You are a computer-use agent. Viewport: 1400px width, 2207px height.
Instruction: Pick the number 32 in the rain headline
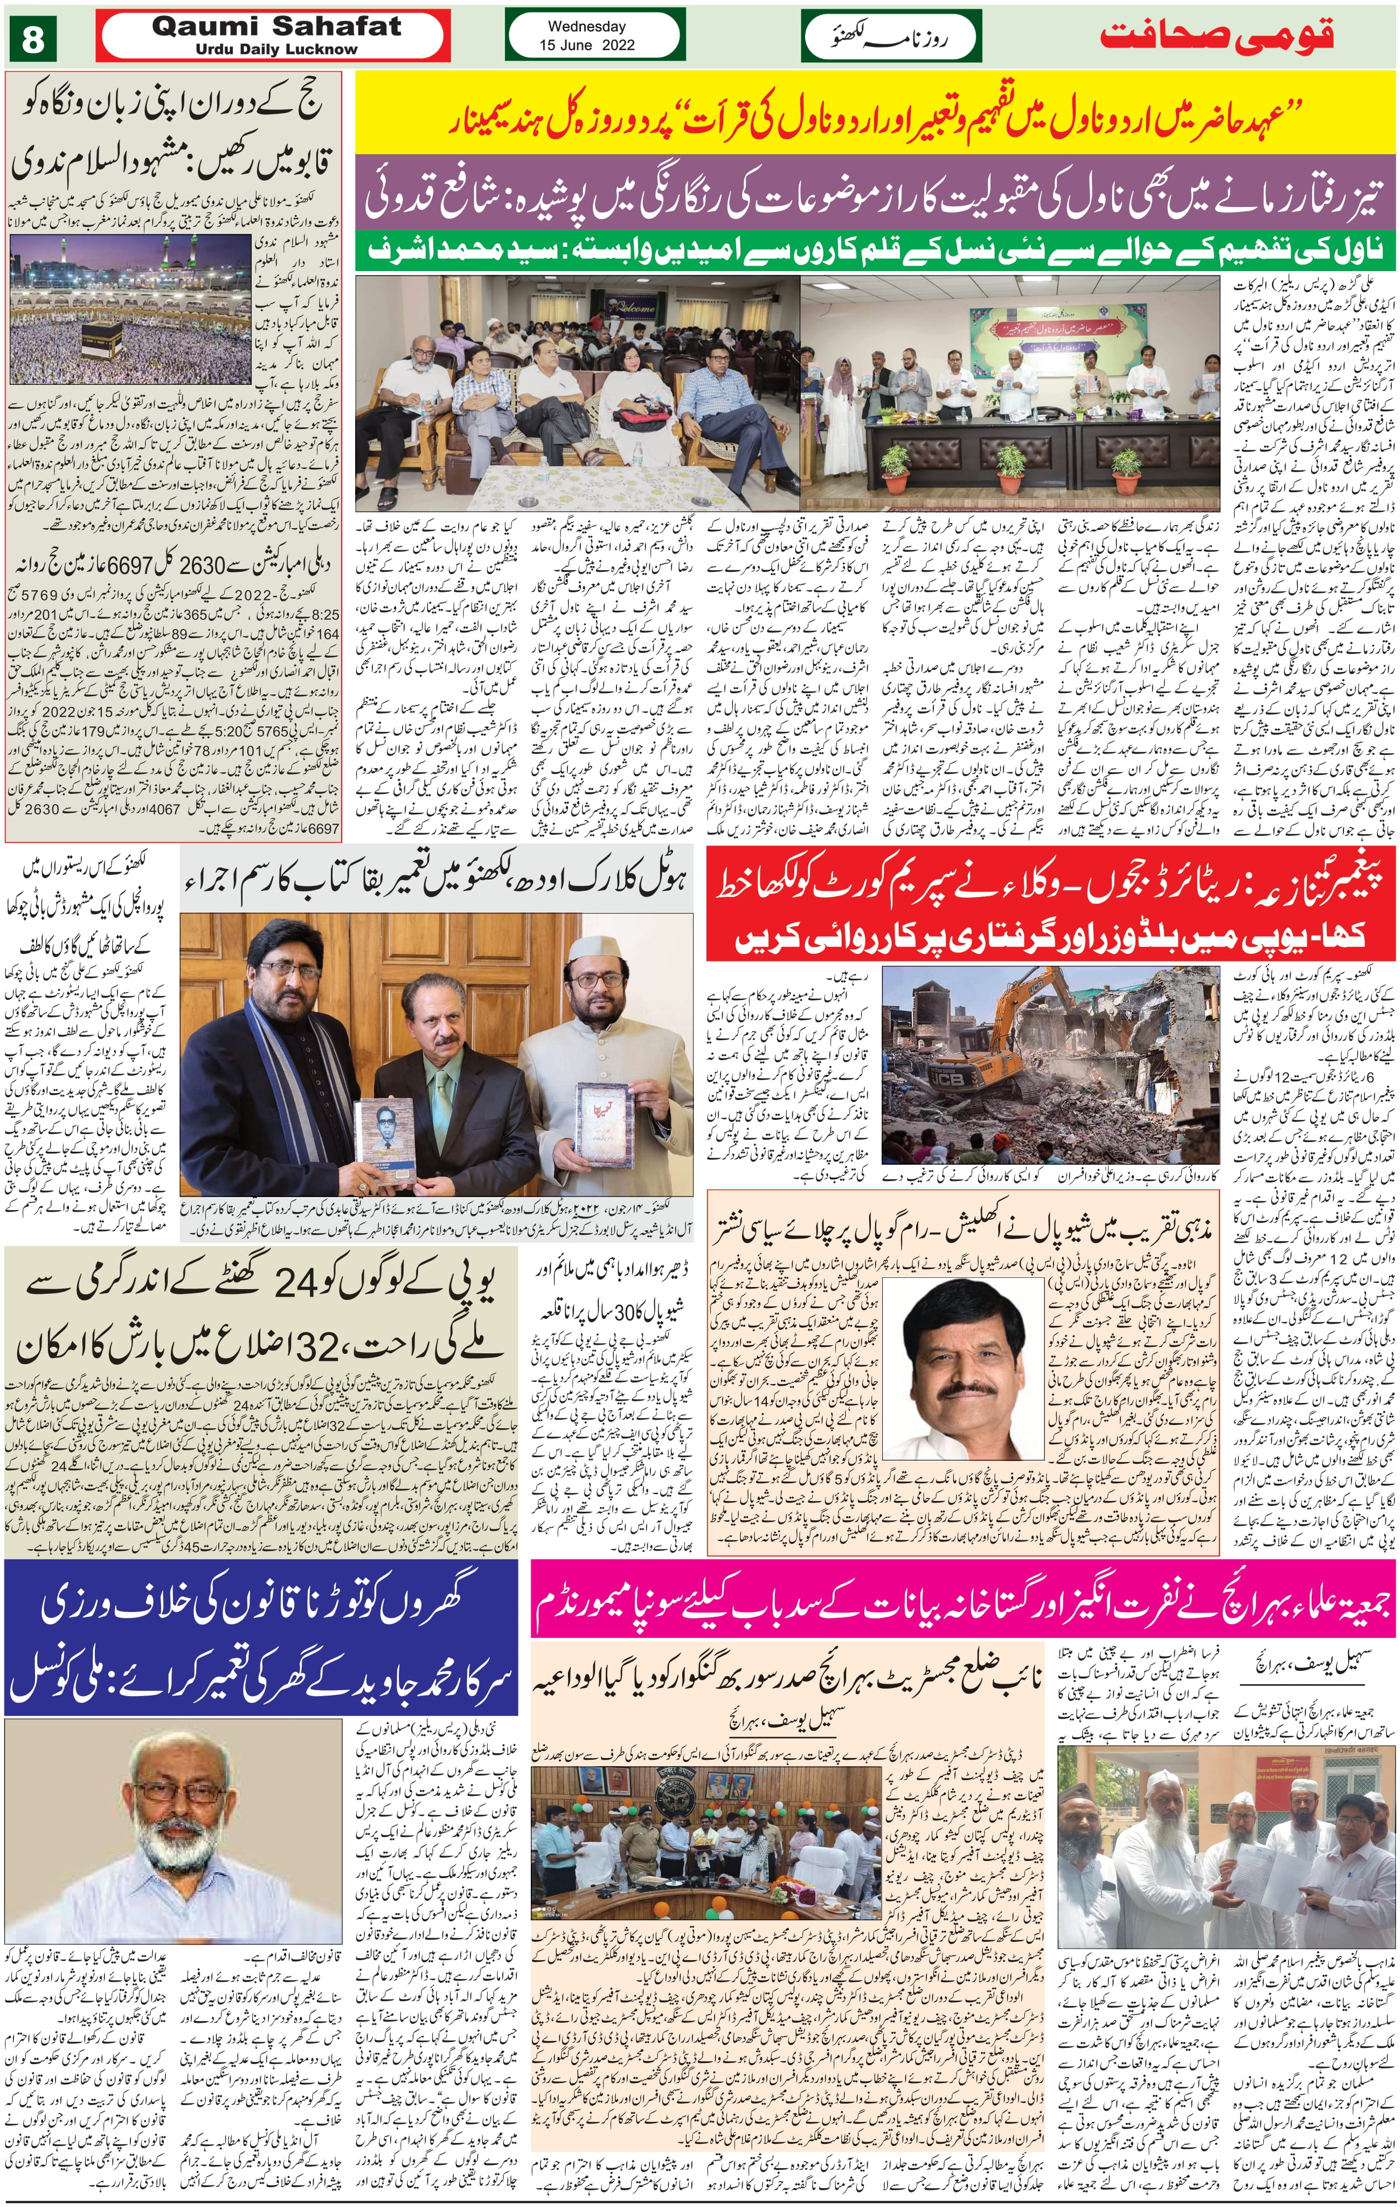pyautogui.click(x=310, y=1348)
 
